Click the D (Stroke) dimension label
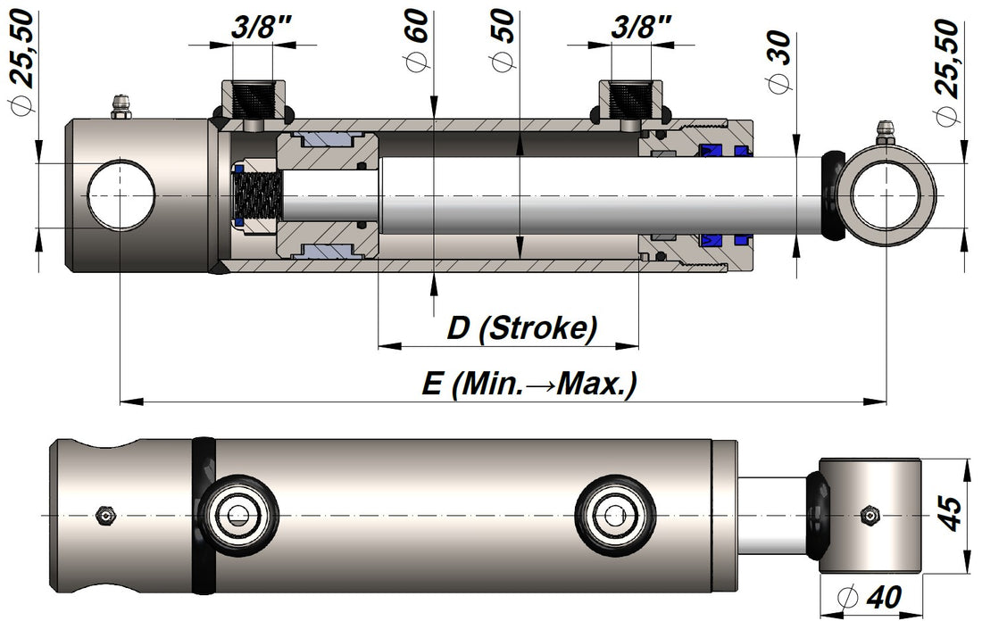coord(521,328)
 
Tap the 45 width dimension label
coord(952,515)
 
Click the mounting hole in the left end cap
coord(121,195)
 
